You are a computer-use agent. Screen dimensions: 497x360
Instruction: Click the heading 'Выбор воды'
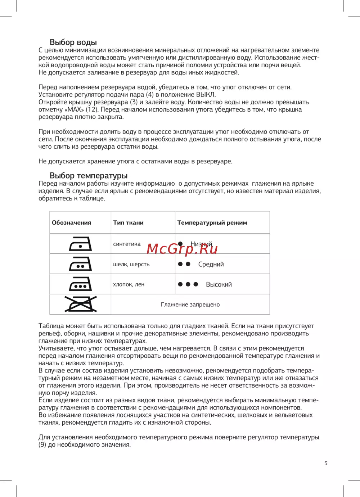[73, 42]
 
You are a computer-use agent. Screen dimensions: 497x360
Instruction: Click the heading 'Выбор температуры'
[89, 176]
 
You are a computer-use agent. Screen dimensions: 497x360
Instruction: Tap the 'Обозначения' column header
[71, 222]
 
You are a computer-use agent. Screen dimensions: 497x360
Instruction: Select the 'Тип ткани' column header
[128, 222]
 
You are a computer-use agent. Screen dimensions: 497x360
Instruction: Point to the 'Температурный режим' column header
[212, 222]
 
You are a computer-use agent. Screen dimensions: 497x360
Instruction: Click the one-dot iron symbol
[80, 244]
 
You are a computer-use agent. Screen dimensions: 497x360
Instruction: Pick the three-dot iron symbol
[80, 284]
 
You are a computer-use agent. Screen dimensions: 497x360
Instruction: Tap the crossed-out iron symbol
[80, 304]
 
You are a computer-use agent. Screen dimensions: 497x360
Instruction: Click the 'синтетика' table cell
[127, 244]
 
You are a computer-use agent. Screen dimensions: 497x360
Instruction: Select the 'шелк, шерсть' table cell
[131, 264]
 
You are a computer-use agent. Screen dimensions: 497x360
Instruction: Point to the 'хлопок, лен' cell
[129, 284]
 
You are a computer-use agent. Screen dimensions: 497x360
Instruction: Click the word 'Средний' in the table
[211, 264]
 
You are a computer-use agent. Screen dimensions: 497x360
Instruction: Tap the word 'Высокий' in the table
[219, 284]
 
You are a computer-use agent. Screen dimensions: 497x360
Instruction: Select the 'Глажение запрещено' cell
[190, 304]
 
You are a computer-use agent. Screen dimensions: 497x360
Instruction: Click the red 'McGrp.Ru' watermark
[182, 249]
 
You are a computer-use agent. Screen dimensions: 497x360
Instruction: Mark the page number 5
[326, 463]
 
